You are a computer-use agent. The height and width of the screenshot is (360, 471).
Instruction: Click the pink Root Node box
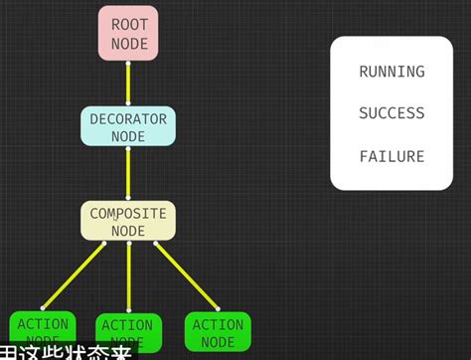[129, 32]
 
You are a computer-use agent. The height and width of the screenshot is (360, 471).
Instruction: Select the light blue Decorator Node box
[128, 126]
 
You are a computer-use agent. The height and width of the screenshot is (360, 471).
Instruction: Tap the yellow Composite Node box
[128, 221]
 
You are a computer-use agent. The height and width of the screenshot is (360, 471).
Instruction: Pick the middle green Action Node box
[128, 332]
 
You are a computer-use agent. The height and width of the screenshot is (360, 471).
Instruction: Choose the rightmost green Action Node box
[218, 331]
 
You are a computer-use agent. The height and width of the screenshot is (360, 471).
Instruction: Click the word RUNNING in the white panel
[392, 72]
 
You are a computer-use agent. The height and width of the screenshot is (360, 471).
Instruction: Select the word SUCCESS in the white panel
[392, 113]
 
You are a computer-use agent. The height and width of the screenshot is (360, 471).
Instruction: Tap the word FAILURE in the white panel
[392, 156]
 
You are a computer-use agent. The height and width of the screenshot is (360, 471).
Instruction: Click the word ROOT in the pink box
[129, 23]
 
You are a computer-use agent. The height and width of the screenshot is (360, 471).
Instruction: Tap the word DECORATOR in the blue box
[128, 118]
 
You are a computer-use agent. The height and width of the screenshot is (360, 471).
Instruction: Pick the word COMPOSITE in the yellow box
[128, 213]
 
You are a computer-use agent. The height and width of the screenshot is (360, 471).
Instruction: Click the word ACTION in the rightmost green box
[218, 324]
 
